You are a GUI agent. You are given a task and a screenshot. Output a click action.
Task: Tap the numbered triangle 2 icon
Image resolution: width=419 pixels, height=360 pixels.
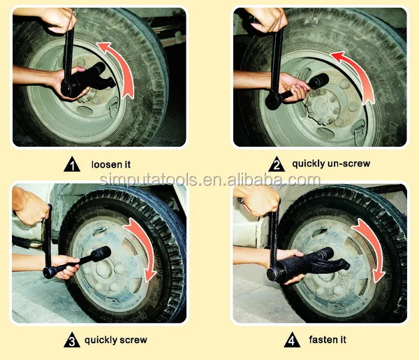coord(277,165)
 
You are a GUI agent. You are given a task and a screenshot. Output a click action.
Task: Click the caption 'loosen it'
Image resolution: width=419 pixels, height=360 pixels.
coord(111,165)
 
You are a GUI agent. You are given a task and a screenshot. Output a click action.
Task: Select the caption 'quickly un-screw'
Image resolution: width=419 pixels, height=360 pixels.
coord(331,165)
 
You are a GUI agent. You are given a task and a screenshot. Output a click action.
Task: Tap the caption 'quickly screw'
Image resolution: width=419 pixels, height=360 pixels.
coord(116,340)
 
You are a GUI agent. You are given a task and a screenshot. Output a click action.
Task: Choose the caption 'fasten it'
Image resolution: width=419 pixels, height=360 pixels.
coord(327,340)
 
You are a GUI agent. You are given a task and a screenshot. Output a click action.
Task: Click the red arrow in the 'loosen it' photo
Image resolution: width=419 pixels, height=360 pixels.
coord(122,66)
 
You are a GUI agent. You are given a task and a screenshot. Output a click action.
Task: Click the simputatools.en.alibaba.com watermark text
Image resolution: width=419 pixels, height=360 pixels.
coord(209,180)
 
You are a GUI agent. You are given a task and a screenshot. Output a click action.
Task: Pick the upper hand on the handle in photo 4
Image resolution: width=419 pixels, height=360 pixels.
coord(258,201)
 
